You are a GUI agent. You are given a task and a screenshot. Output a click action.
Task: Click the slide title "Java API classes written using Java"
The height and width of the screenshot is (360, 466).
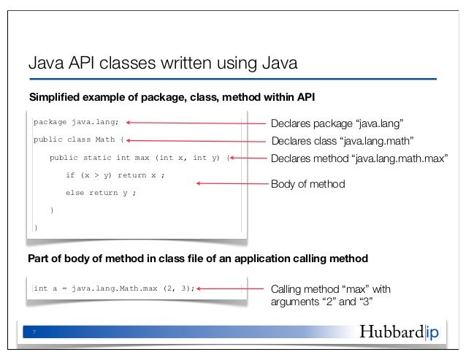162,64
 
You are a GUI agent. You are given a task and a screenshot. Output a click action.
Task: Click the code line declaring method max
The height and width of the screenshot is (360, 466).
139,157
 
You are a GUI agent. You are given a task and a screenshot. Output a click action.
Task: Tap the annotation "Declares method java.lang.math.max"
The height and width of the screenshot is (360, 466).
359,158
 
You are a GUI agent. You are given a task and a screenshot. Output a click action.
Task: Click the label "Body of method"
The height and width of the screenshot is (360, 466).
307,185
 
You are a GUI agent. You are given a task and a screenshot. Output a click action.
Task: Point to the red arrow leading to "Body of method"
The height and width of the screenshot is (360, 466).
232,185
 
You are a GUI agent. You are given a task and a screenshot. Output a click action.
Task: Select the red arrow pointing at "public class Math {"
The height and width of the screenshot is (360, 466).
198,140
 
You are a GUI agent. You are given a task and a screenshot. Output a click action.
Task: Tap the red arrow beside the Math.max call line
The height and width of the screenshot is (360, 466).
232,288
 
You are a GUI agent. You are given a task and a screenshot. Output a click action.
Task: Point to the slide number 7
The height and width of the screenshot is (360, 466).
34,333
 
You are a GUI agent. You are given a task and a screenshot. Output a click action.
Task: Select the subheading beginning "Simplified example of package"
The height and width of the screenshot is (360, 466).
171,97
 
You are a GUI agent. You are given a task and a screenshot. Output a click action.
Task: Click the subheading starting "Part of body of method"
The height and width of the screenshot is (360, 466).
196,258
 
